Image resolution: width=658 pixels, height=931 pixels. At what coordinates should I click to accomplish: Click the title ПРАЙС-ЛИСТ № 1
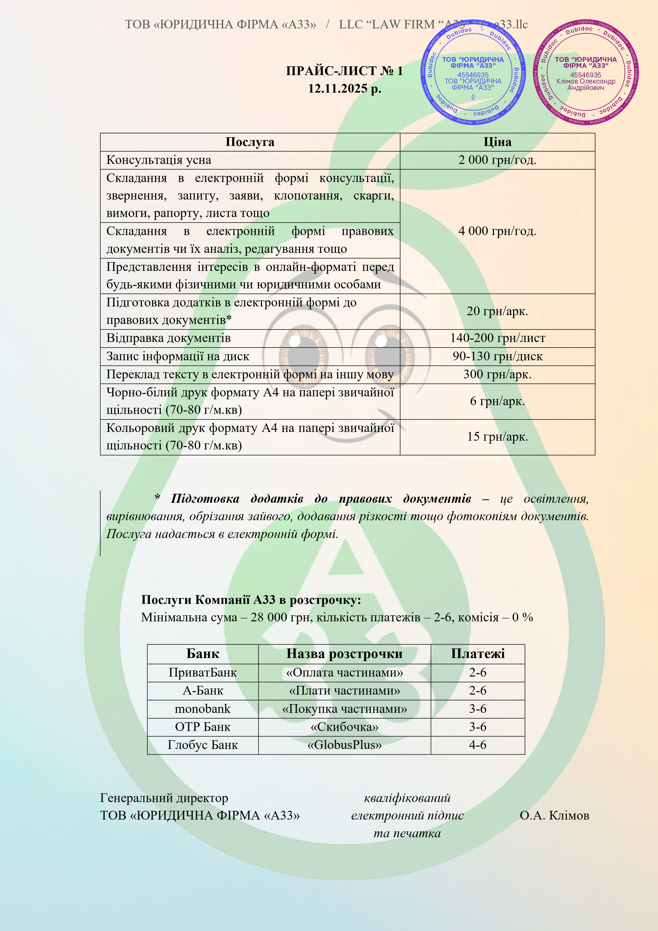click(344, 71)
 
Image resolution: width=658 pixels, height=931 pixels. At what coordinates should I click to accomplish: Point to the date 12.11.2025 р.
click(344, 88)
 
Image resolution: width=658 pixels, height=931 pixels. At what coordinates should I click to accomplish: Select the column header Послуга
click(250, 142)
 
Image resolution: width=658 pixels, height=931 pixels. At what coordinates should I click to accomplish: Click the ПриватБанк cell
click(203, 673)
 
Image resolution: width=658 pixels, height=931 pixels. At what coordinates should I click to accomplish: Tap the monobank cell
click(203, 709)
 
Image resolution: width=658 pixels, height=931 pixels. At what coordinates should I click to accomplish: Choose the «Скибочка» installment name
click(344, 727)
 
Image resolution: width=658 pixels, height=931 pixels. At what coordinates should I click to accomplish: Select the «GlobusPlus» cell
click(344, 745)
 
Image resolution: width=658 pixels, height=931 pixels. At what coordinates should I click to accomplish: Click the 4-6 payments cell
click(478, 745)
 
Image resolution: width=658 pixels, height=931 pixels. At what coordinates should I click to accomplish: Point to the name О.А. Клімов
click(554, 815)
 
